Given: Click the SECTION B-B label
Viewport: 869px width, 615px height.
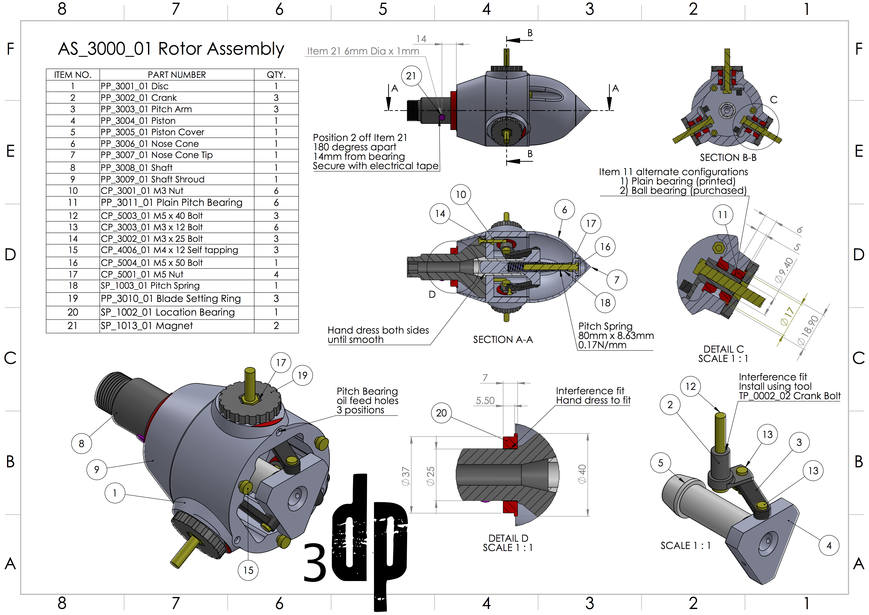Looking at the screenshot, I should [728, 158].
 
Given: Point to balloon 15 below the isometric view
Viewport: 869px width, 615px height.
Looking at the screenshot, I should [248, 570].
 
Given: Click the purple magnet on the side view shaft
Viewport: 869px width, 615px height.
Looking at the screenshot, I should [441, 117].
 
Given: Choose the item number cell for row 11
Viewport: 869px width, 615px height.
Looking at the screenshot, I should [73, 203].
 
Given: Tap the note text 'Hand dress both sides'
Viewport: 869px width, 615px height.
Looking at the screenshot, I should [378, 330].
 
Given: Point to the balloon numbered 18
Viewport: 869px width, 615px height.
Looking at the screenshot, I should [605, 303].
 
